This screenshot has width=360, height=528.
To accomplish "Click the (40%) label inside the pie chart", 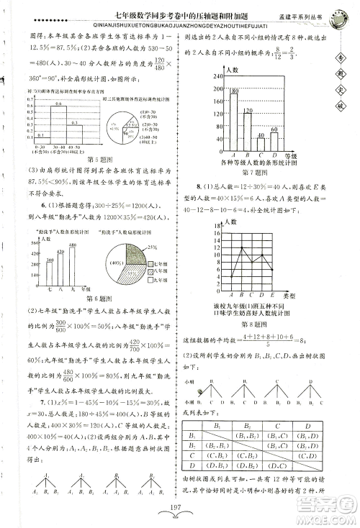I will pyautogui.click(x=114, y=265).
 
